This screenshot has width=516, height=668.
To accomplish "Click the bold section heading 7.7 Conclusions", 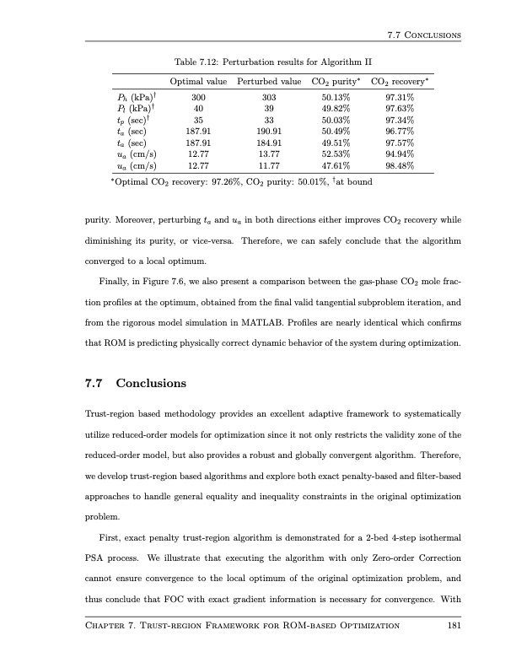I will (136, 383).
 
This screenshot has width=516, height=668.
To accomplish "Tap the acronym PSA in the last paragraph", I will (99, 558).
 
